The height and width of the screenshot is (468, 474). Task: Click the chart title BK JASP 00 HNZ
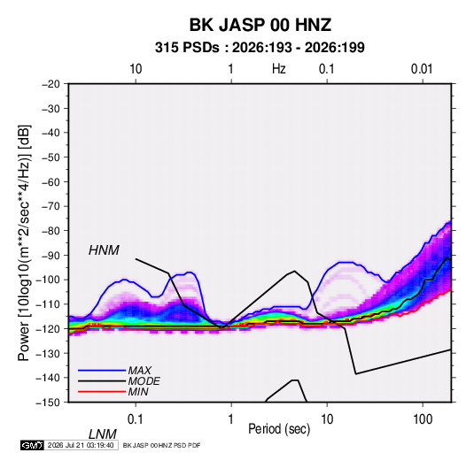click(260, 25)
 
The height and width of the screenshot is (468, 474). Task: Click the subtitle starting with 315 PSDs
click(260, 48)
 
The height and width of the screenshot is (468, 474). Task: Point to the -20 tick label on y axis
click(51, 84)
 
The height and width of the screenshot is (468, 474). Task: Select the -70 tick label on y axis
click(51, 206)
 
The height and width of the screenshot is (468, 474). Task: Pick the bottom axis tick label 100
click(423, 419)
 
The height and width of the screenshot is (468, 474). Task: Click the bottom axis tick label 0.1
click(136, 419)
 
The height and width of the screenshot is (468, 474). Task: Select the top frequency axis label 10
click(136, 69)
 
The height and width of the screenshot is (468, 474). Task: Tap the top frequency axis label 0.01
click(422, 69)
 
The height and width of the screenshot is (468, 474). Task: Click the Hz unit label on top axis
click(279, 69)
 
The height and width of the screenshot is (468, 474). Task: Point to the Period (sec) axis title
click(279, 429)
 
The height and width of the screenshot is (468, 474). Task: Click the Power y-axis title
click(24, 243)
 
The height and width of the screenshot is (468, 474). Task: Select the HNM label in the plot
click(104, 250)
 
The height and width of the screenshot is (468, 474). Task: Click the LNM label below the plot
click(103, 434)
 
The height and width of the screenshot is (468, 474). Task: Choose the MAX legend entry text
click(140, 371)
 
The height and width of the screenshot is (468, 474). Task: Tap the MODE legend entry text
click(144, 381)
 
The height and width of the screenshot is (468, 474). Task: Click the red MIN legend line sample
click(102, 392)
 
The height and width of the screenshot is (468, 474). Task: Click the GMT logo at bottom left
click(32, 445)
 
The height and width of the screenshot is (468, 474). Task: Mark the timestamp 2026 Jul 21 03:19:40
click(81, 445)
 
